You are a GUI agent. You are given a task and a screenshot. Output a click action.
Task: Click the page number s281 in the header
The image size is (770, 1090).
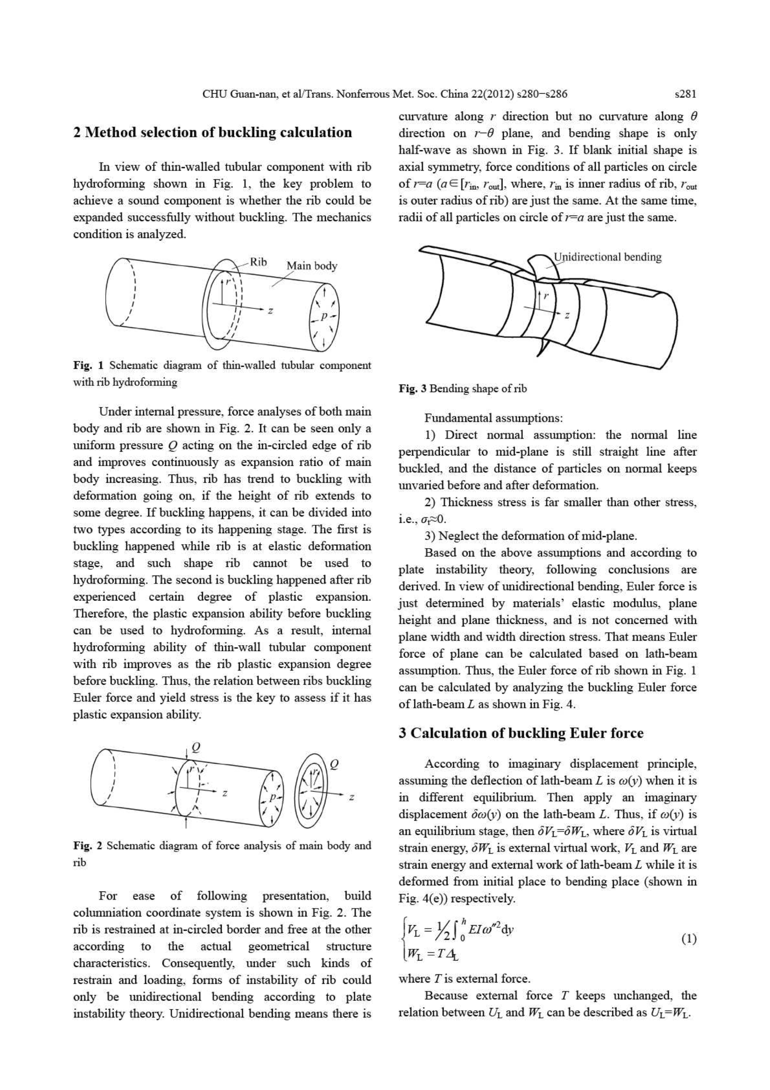click(x=685, y=94)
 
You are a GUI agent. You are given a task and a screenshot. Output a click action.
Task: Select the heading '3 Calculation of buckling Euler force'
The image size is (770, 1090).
click(x=521, y=733)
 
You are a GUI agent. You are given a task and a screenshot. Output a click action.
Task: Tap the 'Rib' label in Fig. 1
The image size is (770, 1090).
click(x=259, y=262)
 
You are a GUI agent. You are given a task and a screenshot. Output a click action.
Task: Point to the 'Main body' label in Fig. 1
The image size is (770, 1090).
click(x=312, y=266)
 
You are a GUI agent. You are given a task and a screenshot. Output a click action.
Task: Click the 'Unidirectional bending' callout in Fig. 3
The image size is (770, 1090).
click(x=608, y=257)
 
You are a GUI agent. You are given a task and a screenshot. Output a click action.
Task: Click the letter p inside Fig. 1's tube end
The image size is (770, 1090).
click(x=323, y=316)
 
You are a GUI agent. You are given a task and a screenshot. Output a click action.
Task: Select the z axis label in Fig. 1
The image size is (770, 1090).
click(x=270, y=310)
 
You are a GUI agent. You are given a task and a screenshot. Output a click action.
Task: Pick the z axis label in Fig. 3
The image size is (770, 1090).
click(x=567, y=315)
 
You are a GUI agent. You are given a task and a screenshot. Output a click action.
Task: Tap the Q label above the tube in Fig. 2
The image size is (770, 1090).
click(x=195, y=748)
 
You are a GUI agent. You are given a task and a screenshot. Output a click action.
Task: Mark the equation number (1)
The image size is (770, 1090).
click(x=689, y=939)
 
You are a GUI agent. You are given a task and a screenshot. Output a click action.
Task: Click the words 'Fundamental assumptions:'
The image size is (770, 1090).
click(x=493, y=418)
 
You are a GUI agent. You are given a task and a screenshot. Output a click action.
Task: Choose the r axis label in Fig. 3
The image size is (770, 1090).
click(x=546, y=296)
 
